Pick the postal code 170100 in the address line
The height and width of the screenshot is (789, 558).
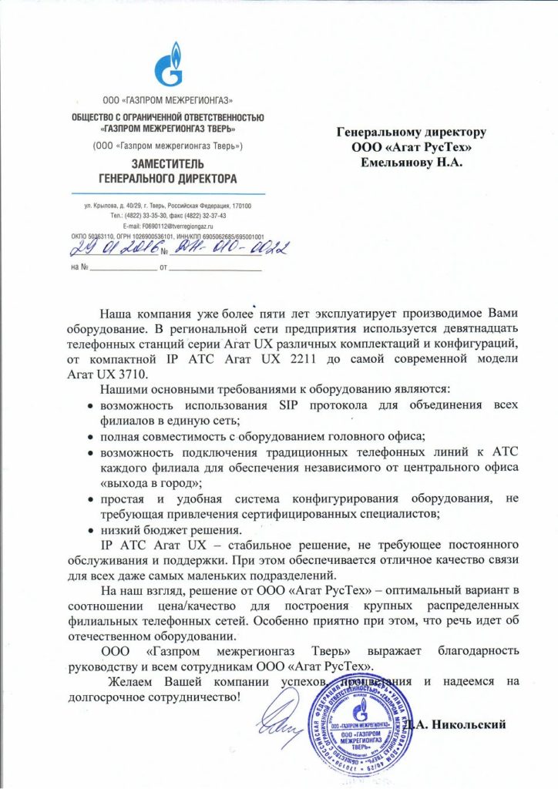[252, 206]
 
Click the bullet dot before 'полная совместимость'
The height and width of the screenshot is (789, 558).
[91, 436]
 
